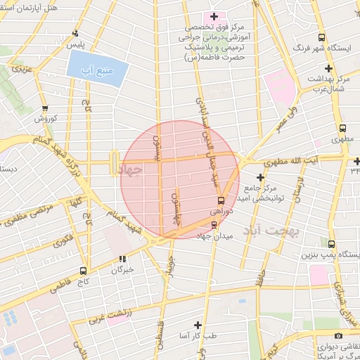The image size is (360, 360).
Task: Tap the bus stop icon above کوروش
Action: [46, 109]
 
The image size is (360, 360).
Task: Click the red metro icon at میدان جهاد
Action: [214, 224]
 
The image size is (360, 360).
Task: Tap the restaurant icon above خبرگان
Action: [123, 259]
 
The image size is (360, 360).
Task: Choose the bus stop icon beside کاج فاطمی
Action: [84, 271]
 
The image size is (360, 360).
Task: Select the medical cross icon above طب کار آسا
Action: [197, 325]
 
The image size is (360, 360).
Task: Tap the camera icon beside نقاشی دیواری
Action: [338, 336]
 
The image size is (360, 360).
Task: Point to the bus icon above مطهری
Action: [342, 129]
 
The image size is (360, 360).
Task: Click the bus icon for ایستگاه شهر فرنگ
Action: [321, 38]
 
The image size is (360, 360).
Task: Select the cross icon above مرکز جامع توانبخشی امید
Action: [260, 176]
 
